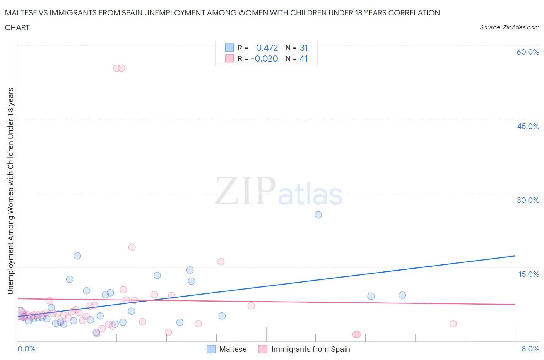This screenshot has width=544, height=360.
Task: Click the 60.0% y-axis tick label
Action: pos(528,52)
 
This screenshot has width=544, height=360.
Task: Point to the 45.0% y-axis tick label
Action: pos(528,126)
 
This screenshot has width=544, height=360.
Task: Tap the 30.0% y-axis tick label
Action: pos(528,200)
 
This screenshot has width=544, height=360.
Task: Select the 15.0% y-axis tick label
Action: pos(529,274)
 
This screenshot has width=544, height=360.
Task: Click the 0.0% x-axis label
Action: pos(26,349)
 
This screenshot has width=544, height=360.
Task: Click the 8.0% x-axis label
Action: pos(530,349)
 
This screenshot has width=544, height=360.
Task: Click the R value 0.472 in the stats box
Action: pos(267,48)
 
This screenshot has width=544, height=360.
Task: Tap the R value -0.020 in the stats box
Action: pos(264,58)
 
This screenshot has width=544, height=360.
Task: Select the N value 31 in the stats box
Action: pos(304,48)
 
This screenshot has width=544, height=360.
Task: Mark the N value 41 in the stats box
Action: pos(304,58)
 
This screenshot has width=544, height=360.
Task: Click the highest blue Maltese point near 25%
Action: pos(318,215)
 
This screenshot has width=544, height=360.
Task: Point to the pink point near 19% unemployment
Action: pos(132,247)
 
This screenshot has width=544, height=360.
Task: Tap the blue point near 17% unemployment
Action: pos(77,256)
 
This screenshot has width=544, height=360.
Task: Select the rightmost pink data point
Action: pos(453,324)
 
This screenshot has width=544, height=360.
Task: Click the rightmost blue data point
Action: pos(402,295)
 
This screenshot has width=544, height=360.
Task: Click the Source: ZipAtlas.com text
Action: pos(509,27)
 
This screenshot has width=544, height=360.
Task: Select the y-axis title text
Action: pos(11,191)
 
